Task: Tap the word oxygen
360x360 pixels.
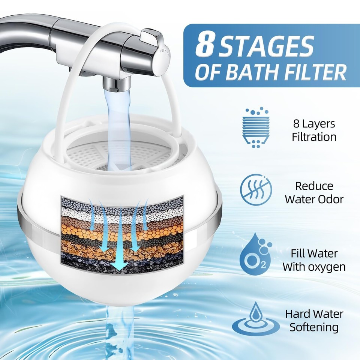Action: click(x=326, y=267)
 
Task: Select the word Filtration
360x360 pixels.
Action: click(x=314, y=136)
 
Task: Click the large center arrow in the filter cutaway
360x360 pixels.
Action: click(x=120, y=247)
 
